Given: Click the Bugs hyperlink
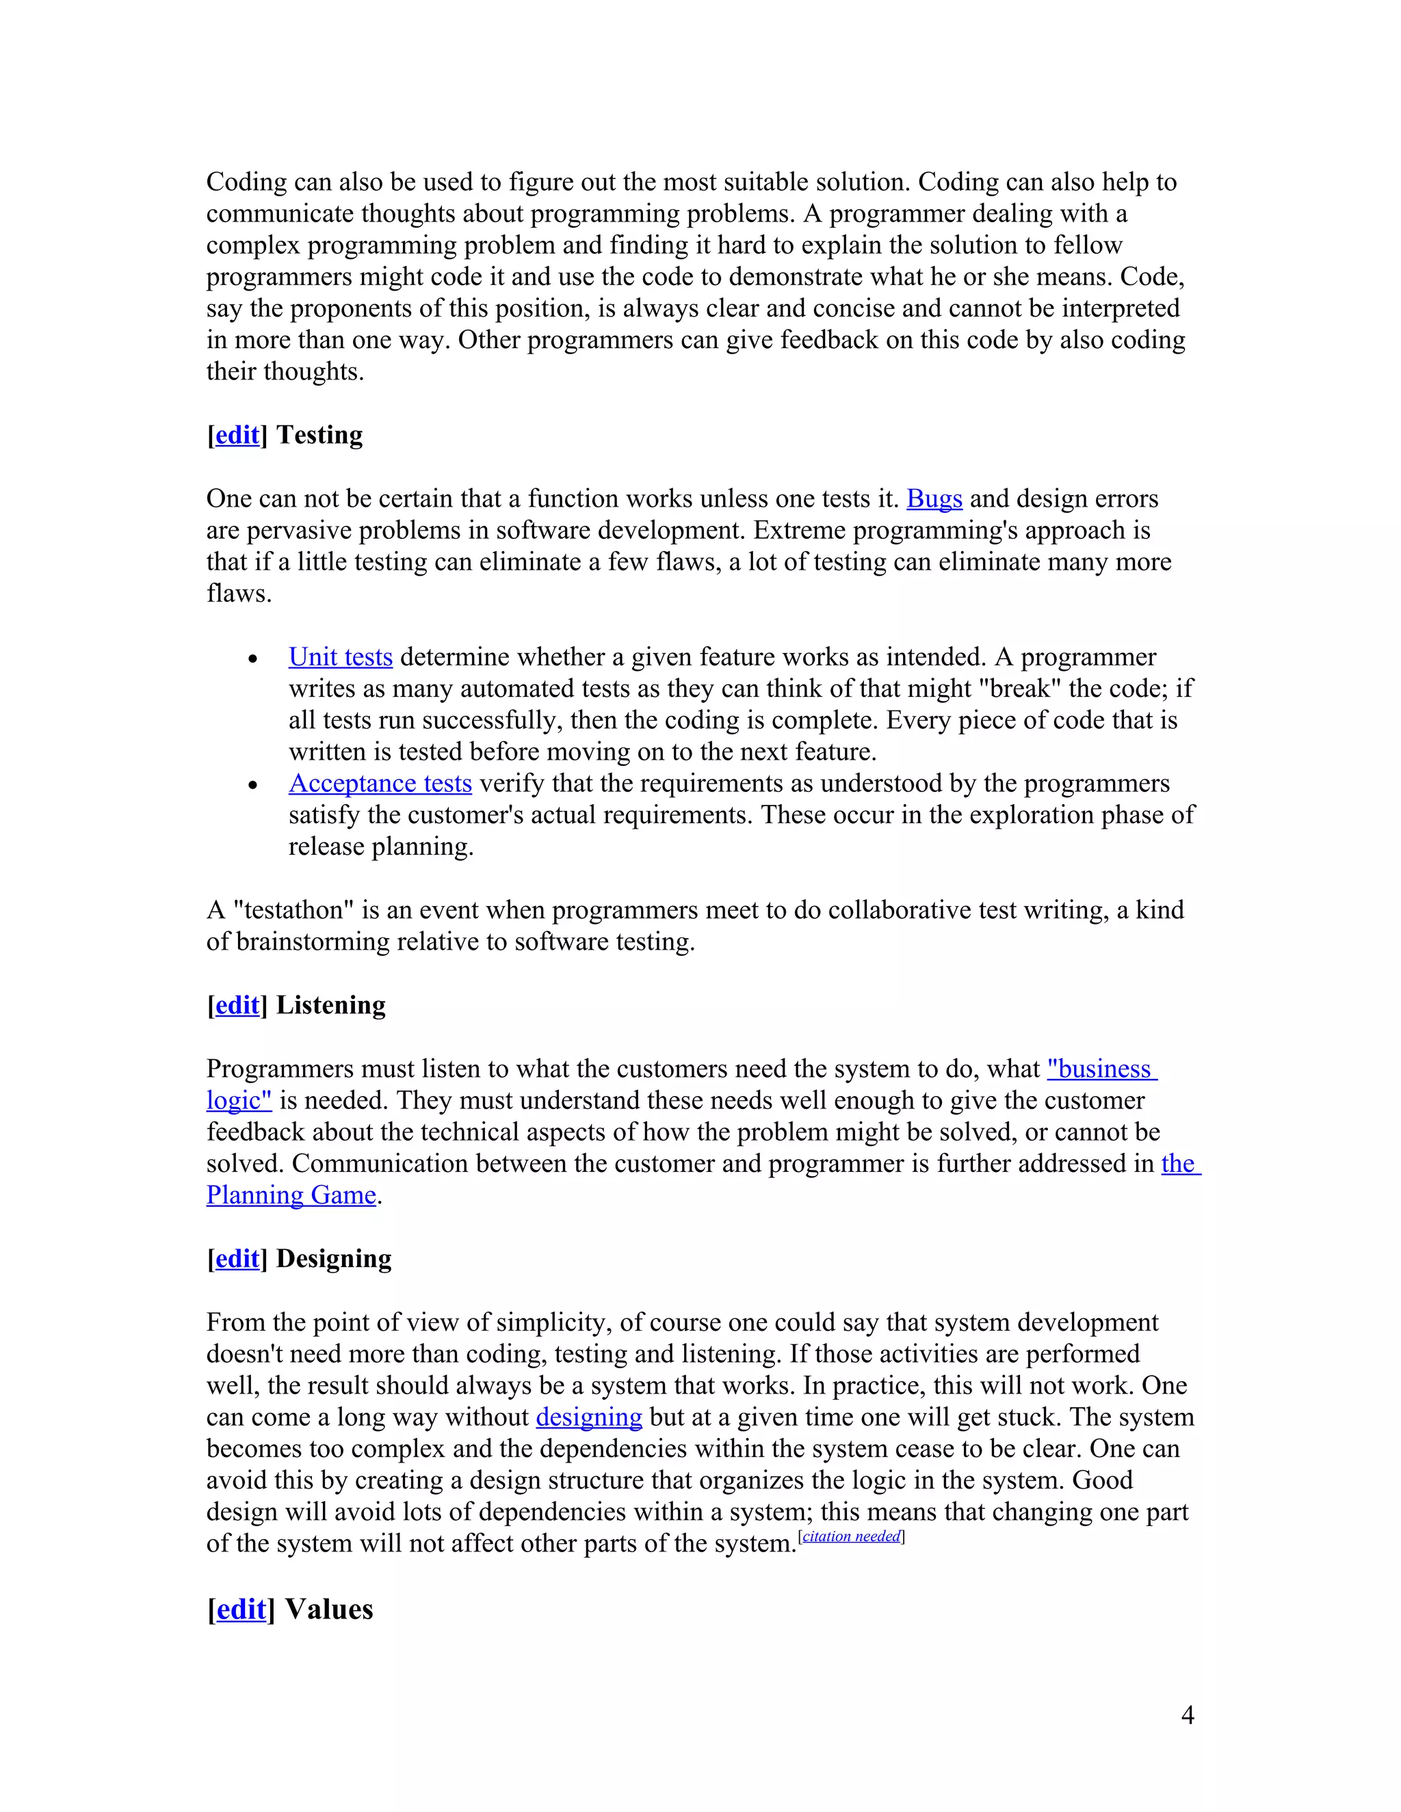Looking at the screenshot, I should [x=934, y=498].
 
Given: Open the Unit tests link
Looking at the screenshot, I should [x=340, y=657].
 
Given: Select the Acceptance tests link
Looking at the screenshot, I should [x=380, y=783].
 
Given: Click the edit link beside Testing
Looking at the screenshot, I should [x=237, y=436].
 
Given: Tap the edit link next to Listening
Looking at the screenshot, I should [x=237, y=1006].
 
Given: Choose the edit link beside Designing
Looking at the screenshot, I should [x=237, y=1259].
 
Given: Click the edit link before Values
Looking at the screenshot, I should [x=241, y=1610].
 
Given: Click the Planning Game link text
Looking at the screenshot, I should [x=291, y=1195].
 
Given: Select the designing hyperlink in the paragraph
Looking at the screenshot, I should [x=588, y=1417].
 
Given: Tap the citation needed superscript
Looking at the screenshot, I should [x=851, y=1536].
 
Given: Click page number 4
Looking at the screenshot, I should [x=1188, y=1715].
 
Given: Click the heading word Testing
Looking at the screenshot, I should [x=319, y=436].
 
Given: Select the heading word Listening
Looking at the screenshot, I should [x=330, y=1006].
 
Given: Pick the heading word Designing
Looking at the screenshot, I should [x=334, y=1259].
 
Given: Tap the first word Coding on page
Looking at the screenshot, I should [x=246, y=182].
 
